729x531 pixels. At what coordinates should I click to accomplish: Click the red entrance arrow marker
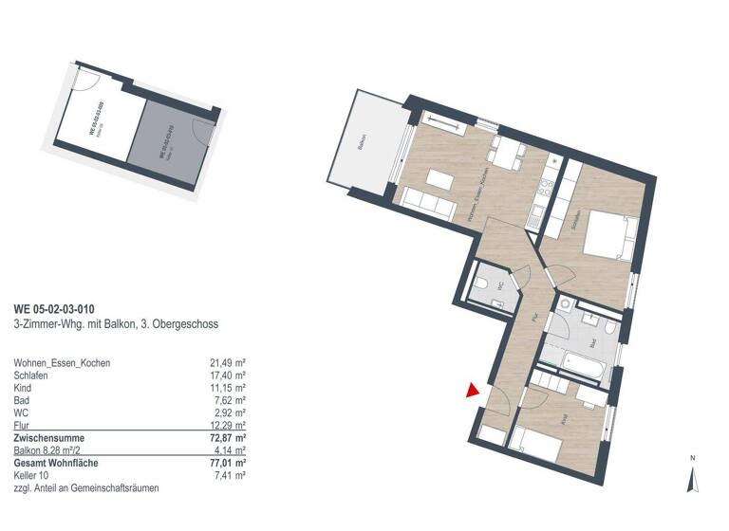click(472, 390)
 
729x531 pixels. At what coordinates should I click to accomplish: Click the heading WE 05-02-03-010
click(54, 308)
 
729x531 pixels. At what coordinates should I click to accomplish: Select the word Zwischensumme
click(49, 438)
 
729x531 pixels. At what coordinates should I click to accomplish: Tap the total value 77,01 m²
click(227, 463)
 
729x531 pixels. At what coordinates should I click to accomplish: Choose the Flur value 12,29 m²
click(227, 426)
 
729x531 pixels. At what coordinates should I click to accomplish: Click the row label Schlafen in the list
click(32, 375)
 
